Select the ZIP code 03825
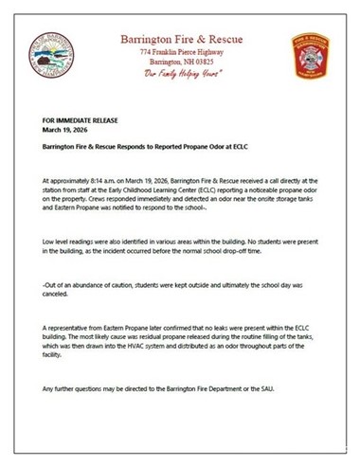pos(209,62)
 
